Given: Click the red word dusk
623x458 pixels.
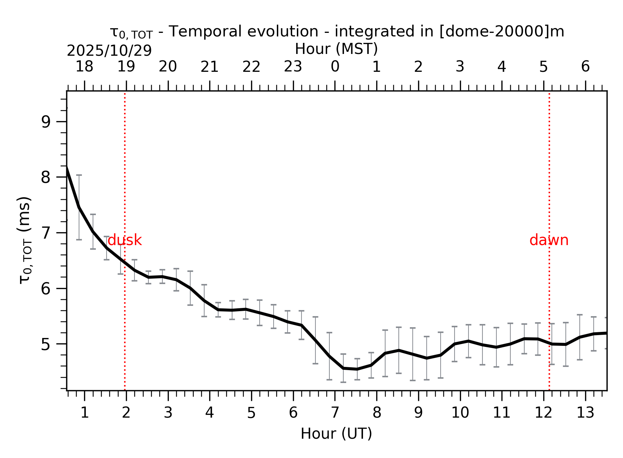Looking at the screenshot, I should coord(124,240).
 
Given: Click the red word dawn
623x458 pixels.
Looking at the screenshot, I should coord(549,240).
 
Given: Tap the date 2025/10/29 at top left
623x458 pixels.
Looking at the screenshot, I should coord(109,51).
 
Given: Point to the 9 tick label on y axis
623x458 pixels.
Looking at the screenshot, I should coord(46,122).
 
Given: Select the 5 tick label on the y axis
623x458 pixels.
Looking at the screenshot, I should coord(46,345).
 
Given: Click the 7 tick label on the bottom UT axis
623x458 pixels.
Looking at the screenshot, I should coord(335,413).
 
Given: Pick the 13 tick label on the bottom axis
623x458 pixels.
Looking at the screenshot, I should coord(585,413).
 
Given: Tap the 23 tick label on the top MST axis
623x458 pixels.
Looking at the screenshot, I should coord(293,67).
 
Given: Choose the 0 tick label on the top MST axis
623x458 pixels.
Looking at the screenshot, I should coord(335,67).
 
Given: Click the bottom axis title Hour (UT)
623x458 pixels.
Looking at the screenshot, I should coord(336,434).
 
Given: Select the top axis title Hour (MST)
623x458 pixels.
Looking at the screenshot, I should coord(336,49).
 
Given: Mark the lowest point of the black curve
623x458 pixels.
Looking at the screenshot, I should coord(357,369).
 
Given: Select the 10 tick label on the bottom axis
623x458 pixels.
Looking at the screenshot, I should coord(460,413).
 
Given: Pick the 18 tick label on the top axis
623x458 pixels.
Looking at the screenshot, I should coord(84,67).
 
